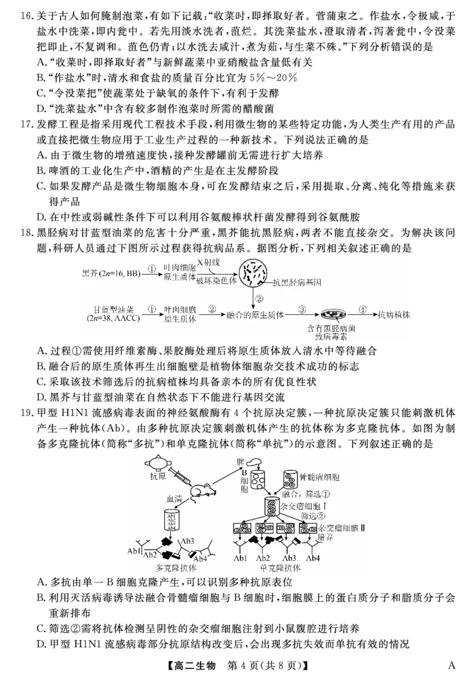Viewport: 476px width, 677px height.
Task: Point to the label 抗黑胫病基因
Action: click(297, 284)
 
